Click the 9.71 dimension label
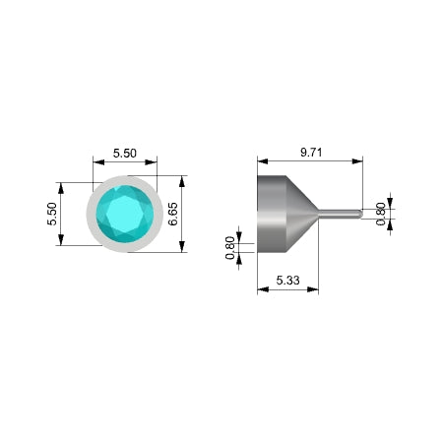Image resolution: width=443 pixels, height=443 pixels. pos(311,153)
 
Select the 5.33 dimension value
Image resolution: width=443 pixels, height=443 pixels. pos(287,281)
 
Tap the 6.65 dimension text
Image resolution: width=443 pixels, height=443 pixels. pos(173,214)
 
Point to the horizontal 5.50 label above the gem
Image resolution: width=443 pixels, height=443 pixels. pos(125,154)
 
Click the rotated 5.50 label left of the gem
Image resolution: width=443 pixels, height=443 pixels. pos(52,214)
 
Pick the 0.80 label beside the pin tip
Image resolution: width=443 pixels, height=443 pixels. pos(381,214)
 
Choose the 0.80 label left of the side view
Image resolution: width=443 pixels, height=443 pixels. pos(230,248)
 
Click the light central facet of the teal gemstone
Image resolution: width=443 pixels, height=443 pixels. pos(125,214)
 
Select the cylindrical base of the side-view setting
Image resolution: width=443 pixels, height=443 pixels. pos(272,214)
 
